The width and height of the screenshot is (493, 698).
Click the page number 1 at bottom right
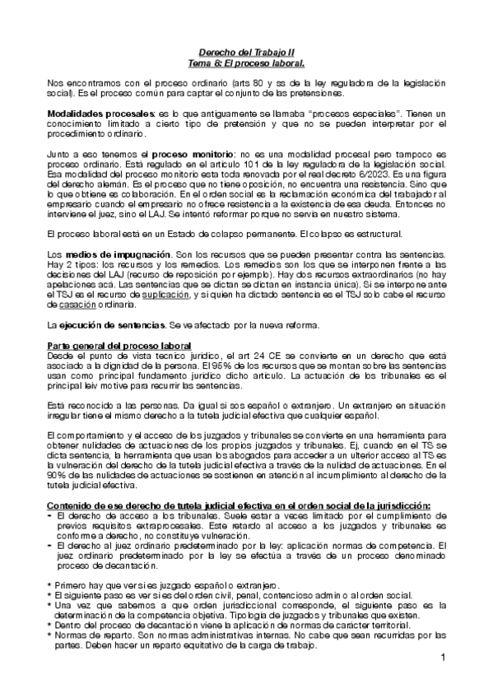(442, 658)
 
